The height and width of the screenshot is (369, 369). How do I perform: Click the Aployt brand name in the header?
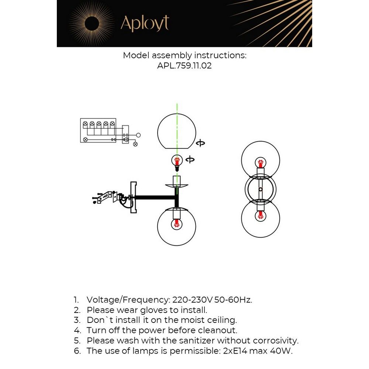pos(145,24)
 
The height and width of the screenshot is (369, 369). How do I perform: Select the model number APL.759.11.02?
pos(184,66)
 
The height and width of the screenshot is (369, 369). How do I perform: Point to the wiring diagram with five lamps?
pos(98,131)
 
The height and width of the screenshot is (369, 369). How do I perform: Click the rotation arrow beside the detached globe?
pos(200,143)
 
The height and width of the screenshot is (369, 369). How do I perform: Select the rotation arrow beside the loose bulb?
pos(190,160)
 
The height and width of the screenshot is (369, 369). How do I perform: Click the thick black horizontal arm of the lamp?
pos(155,198)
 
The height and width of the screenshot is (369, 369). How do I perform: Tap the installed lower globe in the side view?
pos(176,226)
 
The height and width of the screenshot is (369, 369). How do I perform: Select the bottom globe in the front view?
pos(260,218)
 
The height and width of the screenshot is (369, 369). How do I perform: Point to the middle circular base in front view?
pos(260,189)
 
